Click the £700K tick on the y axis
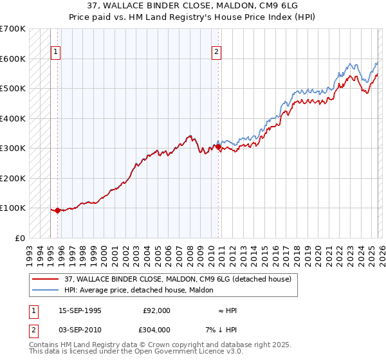[13, 29]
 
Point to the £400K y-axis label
[13, 118]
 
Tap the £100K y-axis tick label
[13, 208]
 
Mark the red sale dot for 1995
[57, 210]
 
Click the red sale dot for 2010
[218, 147]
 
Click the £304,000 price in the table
[156, 329]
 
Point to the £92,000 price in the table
[156, 310]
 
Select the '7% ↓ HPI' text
[223, 329]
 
